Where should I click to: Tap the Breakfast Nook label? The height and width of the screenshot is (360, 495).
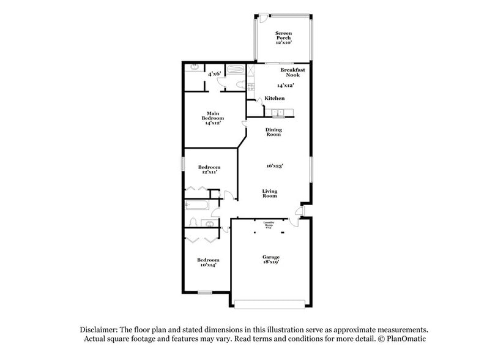(x=292, y=72)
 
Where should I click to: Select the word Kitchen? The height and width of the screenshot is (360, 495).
(x=274, y=99)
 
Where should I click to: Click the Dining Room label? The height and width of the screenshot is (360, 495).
(x=273, y=132)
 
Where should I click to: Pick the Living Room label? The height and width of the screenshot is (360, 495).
(x=270, y=193)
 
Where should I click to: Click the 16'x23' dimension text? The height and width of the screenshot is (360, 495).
(x=274, y=165)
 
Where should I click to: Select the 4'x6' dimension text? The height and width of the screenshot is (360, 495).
(x=214, y=73)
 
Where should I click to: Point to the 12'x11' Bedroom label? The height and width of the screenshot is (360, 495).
(x=209, y=170)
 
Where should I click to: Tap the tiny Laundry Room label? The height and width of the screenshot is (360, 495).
(x=268, y=224)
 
